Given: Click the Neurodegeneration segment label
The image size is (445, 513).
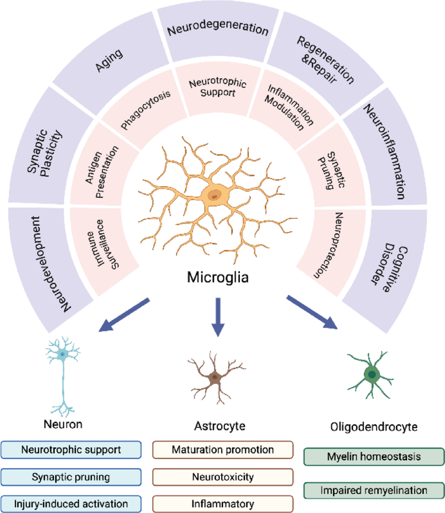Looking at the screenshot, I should [217, 31].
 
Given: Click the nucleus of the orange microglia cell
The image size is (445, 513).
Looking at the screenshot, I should [213, 195].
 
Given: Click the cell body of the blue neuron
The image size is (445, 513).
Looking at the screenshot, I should [62, 354].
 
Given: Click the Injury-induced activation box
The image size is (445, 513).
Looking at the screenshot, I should [70, 502].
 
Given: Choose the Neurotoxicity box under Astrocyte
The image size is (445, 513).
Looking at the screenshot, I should [222, 477].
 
